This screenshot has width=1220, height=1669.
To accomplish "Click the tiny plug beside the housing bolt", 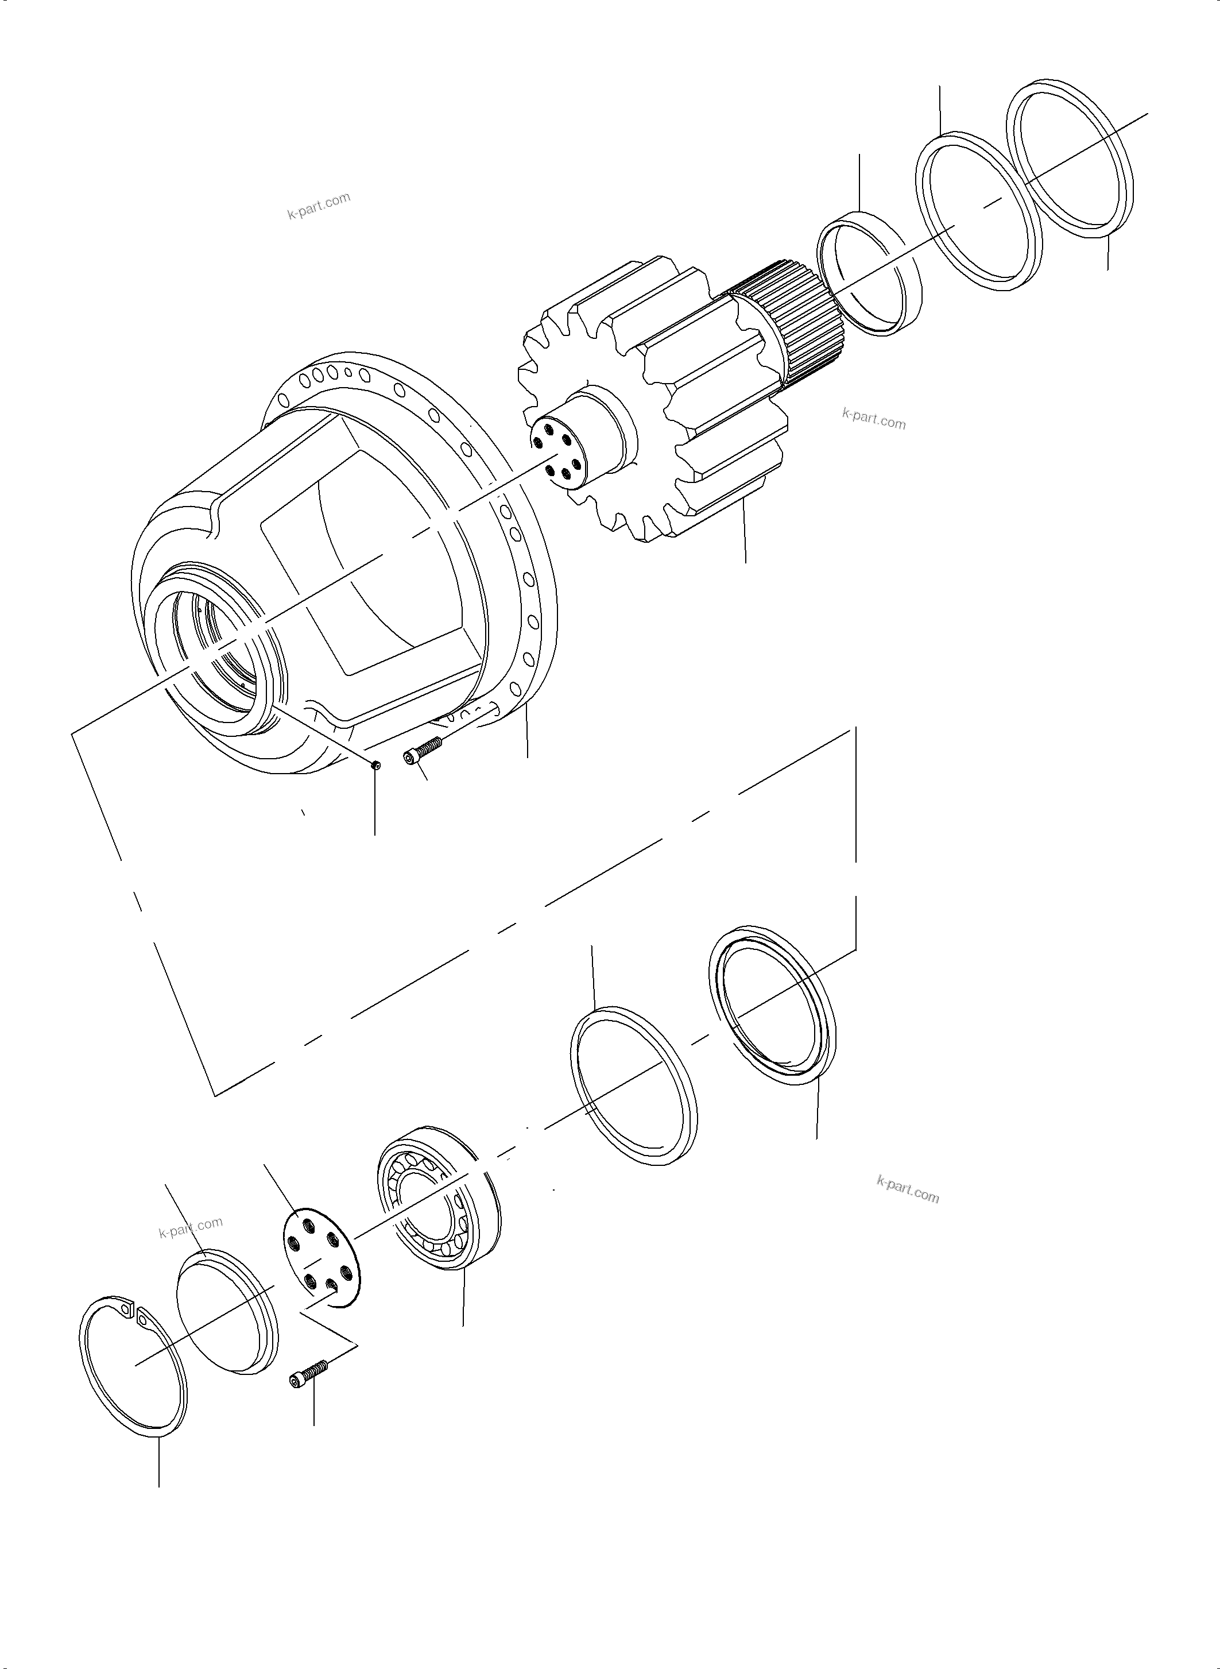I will (376, 766).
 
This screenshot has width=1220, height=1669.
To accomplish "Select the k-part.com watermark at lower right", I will (908, 1189).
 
